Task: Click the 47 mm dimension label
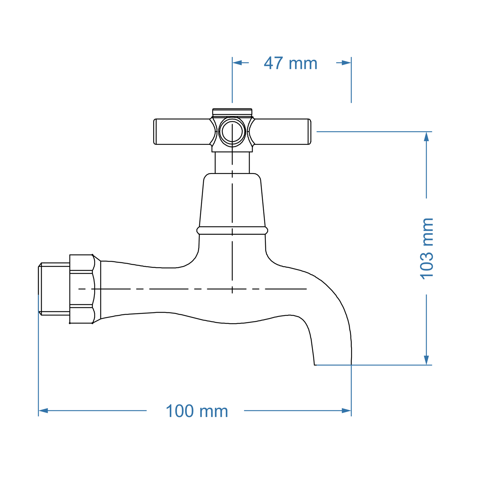click(x=290, y=63)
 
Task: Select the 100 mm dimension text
click(x=197, y=411)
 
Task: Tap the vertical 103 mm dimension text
click(x=427, y=249)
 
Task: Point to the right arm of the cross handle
click(x=282, y=132)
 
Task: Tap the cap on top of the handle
click(x=232, y=112)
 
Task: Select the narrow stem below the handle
click(x=232, y=162)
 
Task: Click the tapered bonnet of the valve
click(x=232, y=201)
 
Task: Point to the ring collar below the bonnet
click(x=232, y=230)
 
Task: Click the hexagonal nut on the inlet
click(x=82, y=289)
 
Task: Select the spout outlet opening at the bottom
click(x=333, y=364)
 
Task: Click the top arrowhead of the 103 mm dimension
click(x=426, y=136)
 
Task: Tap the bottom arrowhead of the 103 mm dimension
click(x=426, y=360)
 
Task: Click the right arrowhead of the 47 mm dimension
click(x=347, y=63)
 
